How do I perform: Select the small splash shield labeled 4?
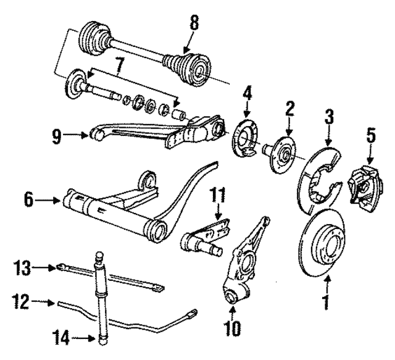(x=247, y=143)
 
